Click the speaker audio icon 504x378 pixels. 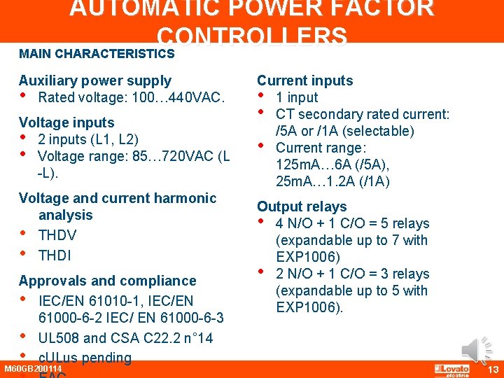click(x=477, y=350)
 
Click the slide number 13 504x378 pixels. click(x=493, y=370)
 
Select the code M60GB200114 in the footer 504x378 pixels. click(x=33, y=369)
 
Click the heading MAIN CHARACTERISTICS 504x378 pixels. click(x=97, y=53)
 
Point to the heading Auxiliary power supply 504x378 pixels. click(x=94, y=80)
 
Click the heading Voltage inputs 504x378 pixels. click(x=66, y=122)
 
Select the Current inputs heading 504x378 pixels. click(x=304, y=80)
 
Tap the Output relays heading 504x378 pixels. click(x=302, y=206)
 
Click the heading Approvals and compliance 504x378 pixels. click(x=107, y=281)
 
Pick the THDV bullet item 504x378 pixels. click(x=57, y=235)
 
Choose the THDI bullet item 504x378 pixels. click(x=55, y=255)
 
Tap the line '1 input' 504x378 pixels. click(x=297, y=97)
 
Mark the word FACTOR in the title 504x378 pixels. click(x=375, y=8)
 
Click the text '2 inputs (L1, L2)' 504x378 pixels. click(x=88, y=139)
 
